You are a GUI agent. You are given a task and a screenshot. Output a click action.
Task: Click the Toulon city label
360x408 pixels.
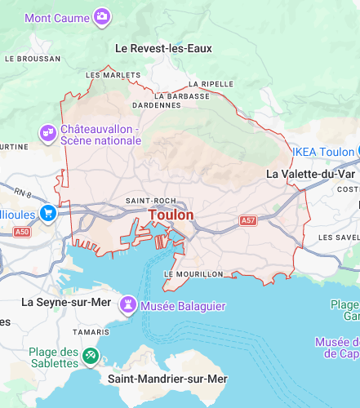click(171, 215)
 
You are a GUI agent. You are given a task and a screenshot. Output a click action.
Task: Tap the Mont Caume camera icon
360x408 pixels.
click(102, 16)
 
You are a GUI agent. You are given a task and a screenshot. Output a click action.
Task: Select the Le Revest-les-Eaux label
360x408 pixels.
click(163, 48)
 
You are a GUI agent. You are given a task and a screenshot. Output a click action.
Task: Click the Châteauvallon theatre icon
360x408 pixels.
click(48, 132)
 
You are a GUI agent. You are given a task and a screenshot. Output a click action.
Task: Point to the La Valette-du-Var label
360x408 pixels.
click(311, 174)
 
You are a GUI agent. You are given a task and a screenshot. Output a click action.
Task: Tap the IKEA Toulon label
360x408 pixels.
click(324, 152)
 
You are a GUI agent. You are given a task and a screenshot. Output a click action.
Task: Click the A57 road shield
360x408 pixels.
click(248, 221)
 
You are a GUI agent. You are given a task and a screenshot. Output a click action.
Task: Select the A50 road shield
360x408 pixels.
click(22, 233)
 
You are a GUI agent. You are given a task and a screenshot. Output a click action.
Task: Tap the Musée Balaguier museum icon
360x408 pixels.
click(127, 305)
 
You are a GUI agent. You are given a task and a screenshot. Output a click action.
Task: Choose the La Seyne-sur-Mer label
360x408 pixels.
click(65, 302)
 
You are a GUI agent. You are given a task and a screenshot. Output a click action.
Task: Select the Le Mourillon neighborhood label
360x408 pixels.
click(193, 274)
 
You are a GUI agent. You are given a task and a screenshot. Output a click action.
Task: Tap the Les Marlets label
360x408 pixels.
click(113, 75)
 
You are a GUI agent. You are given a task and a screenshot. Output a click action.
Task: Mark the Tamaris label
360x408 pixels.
click(90, 332)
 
